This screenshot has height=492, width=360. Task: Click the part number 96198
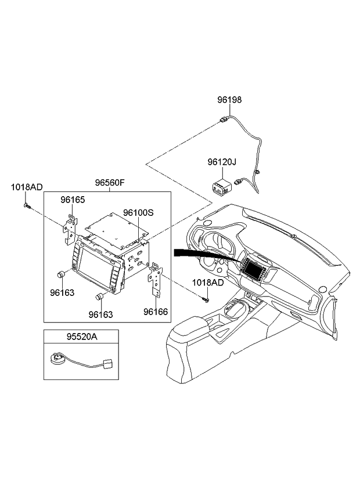click(x=229, y=100)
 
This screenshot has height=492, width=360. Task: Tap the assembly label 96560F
click(x=110, y=183)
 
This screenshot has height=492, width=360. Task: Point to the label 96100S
click(x=138, y=213)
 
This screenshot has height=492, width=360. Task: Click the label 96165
click(x=73, y=200)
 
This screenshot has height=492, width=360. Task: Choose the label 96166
click(x=156, y=312)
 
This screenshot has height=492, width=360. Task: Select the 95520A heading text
click(x=81, y=335)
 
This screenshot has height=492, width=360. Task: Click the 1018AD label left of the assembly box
click(x=27, y=187)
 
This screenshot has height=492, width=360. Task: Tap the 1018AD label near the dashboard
click(x=208, y=283)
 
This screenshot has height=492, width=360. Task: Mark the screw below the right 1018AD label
click(x=206, y=299)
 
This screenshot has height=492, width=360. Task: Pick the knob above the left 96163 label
click(x=60, y=274)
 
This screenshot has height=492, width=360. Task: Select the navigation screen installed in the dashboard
click(x=253, y=267)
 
